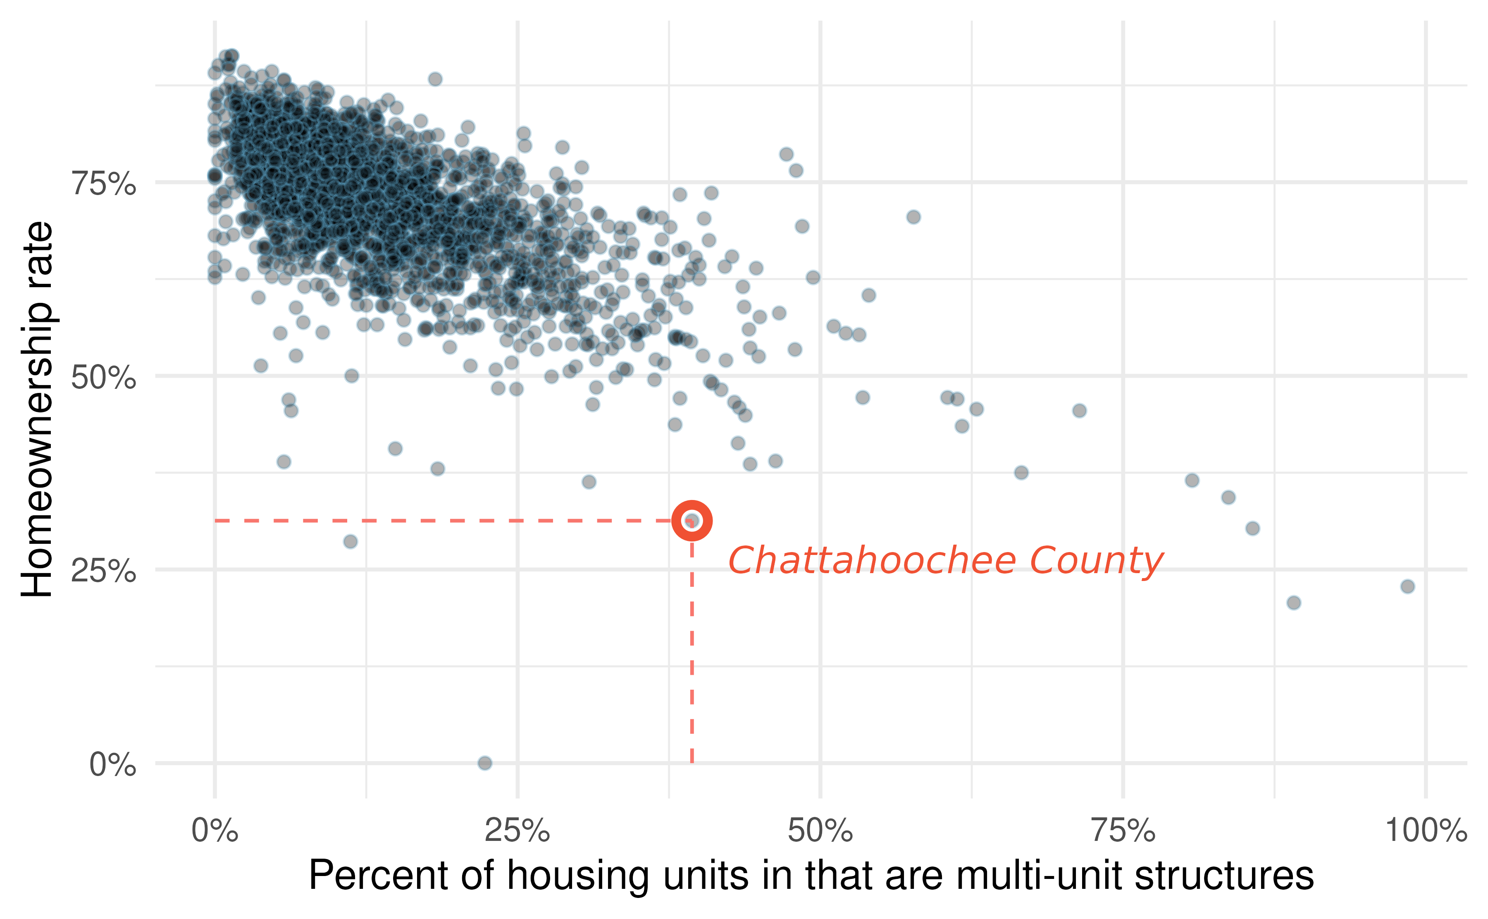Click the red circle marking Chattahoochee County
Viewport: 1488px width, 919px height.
pyautogui.click(x=692, y=521)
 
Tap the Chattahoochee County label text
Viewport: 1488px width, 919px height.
pyautogui.click(x=945, y=560)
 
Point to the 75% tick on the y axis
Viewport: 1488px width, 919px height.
pyautogui.click(x=104, y=183)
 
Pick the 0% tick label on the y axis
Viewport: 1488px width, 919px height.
pyautogui.click(x=112, y=764)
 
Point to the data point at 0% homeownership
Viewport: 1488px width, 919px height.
pyautogui.click(x=484, y=763)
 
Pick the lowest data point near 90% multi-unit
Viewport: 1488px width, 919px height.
pyautogui.click(x=1293, y=603)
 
